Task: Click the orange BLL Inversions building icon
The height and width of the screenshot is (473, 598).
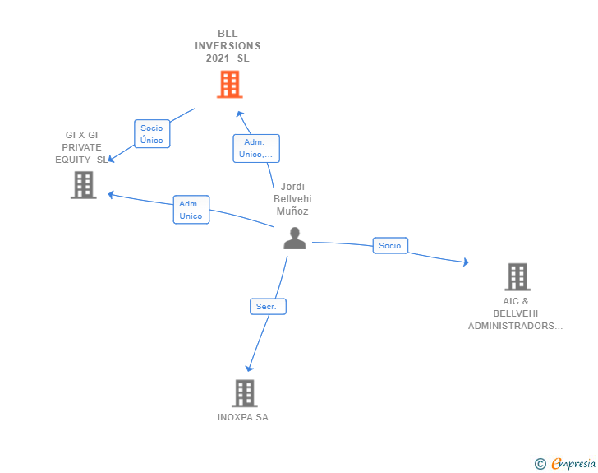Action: [229, 84]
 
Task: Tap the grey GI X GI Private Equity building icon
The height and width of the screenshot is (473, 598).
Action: [83, 185]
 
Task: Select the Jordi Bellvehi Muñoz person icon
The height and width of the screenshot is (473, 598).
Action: [294, 238]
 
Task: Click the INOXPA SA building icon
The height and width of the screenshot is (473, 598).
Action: [244, 393]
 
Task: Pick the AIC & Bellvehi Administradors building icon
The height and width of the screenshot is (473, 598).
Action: [517, 277]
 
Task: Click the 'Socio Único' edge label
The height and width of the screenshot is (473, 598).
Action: [152, 134]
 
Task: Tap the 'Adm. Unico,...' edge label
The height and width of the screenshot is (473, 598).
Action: [256, 148]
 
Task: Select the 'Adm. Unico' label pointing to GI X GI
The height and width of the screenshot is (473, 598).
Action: [191, 210]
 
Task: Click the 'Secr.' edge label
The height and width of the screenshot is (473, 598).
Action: [267, 307]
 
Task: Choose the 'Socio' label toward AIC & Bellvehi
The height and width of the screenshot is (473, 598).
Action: [390, 245]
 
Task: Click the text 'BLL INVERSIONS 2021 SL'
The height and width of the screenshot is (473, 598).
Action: [228, 46]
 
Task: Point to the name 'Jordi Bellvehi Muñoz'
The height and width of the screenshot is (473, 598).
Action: [292, 199]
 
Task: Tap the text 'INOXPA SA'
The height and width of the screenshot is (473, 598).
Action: [242, 417]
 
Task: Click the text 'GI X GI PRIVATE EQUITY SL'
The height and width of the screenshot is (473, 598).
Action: [82, 147]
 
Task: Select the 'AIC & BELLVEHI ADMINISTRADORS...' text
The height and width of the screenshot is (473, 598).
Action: [516, 313]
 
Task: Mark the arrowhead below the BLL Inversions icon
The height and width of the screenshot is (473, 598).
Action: [240, 114]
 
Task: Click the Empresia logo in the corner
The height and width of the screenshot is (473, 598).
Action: [573, 464]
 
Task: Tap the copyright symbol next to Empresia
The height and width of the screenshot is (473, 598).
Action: [540, 464]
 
